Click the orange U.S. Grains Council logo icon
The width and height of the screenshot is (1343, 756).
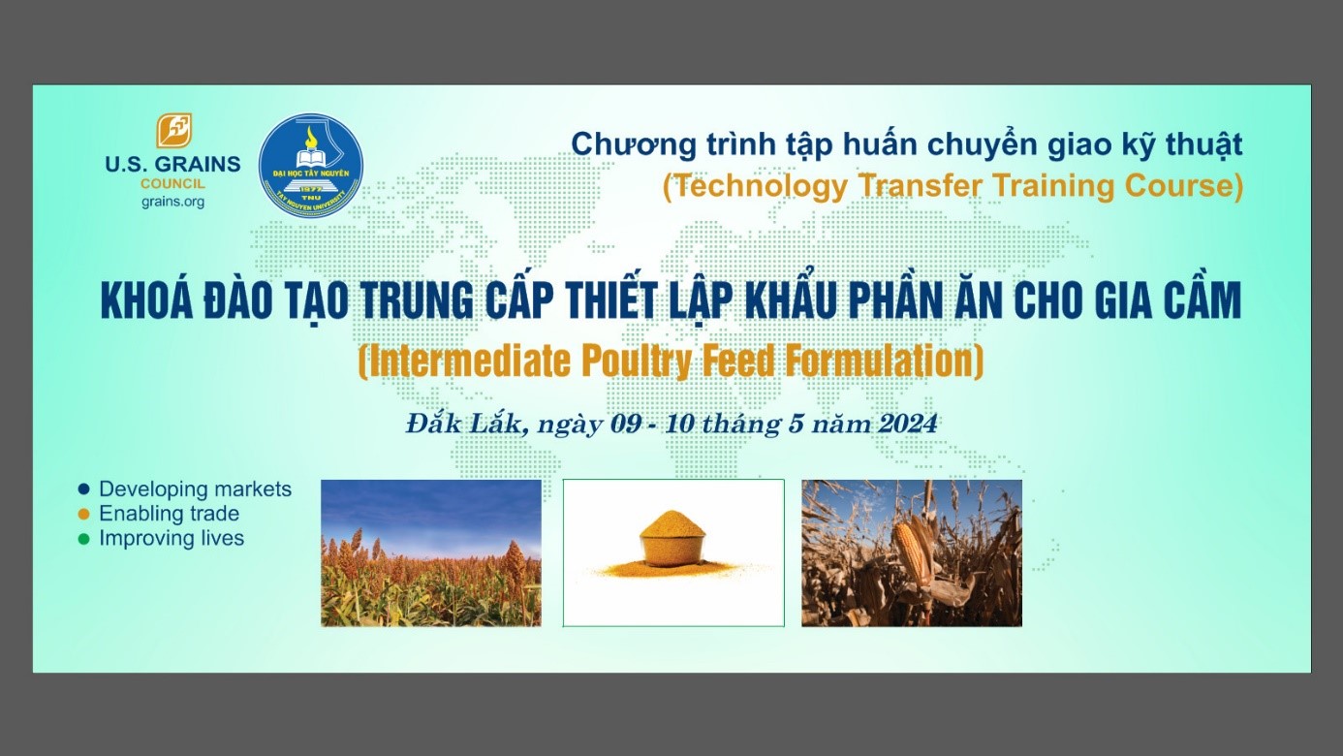173,130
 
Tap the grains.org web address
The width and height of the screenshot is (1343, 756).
172,202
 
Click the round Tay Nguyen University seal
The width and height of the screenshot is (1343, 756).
311,166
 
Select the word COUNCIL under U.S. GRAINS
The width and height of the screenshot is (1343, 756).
172,183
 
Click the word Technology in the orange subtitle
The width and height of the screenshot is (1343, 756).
761,186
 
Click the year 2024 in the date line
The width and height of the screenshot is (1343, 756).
908,424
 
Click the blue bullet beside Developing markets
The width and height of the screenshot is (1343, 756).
84,489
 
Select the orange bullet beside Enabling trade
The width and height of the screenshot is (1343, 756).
84,514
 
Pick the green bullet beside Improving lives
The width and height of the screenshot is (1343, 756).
84,539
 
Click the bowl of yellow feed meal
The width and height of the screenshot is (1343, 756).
672,539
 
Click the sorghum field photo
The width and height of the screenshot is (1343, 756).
431,552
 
